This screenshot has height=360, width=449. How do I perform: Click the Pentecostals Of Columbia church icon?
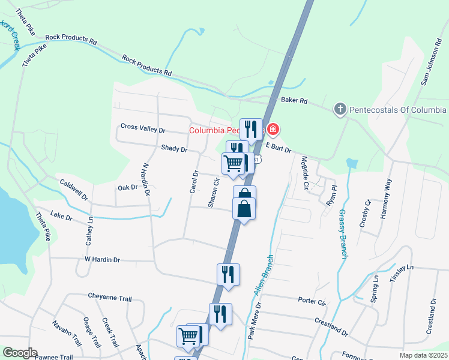340,110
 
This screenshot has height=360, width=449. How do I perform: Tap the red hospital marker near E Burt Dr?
273,129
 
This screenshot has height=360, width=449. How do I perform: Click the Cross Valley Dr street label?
143,127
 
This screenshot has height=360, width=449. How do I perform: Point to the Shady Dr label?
174,148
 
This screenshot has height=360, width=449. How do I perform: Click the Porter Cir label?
311,299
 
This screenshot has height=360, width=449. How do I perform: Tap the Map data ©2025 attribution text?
423,355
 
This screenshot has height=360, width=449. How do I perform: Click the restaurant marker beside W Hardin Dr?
228,274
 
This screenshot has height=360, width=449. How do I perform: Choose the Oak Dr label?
127,187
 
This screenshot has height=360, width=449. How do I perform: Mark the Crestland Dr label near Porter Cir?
331,326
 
